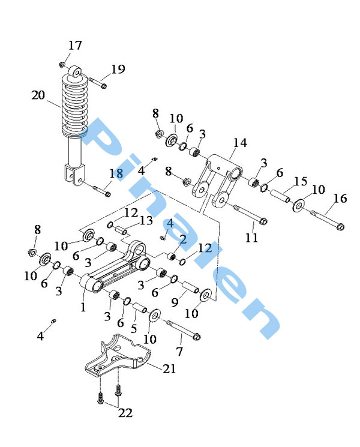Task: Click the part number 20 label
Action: coord(38,95)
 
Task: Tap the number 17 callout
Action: coord(75,46)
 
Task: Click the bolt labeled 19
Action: coord(98,82)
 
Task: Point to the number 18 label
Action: coord(116,173)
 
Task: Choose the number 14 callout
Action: coord(240,143)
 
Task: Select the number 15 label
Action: coord(301,181)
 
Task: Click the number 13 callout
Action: coord(146,220)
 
